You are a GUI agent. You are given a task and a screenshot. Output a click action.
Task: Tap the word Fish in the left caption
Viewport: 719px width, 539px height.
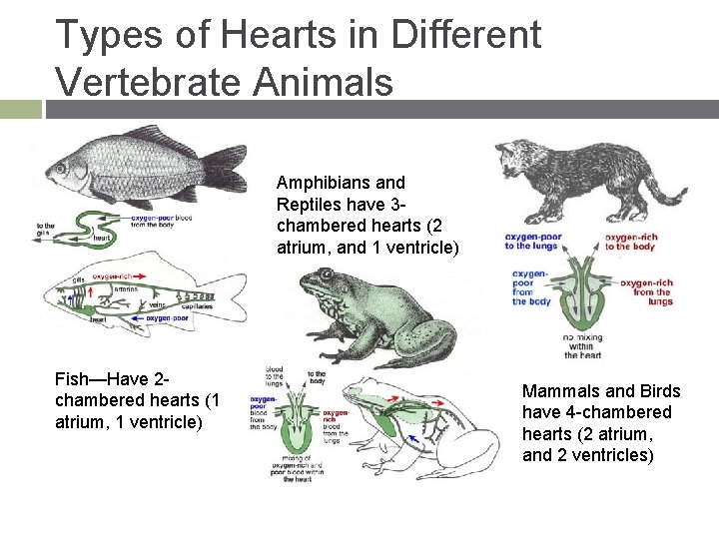[x=73, y=380]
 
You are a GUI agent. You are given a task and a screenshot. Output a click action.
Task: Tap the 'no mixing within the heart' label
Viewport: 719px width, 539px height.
[x=583, y=344]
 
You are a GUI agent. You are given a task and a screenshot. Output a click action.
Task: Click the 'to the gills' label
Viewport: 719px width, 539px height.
[x=46, y=231]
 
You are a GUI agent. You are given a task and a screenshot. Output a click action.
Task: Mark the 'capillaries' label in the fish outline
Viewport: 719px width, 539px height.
[x=196, y=309]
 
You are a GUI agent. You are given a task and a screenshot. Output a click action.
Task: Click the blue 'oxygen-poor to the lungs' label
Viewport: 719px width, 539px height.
[x=533, y=242]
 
